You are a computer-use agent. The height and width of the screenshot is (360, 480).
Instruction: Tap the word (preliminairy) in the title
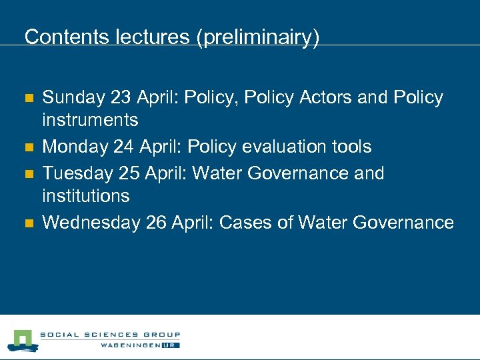click(x=257, y=37)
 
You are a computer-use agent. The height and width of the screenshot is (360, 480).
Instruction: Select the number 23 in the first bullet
click(x=122, y=98)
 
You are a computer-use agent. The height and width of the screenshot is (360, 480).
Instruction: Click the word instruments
click(x=90, y=120)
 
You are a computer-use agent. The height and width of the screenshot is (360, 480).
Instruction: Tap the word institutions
click(x=86, y=196)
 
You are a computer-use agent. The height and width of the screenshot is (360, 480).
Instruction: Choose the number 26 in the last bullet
click(x=156, y=223)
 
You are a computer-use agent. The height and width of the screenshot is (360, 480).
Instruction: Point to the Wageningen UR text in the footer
click(x=139, y=345)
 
